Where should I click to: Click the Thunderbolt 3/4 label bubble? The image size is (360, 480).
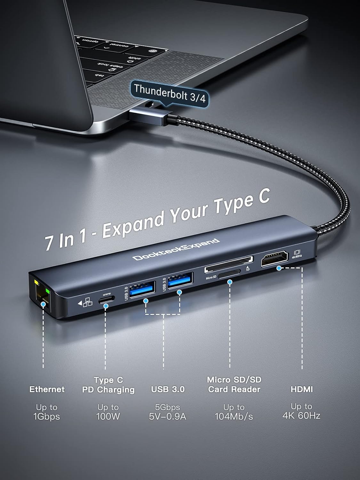click(169, 93)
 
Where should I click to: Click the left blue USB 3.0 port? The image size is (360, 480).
click(143, 287)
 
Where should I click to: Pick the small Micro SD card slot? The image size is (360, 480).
click(229, 274)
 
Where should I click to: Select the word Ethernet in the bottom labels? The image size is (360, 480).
click(47, 389)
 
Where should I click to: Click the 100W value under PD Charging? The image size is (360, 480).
click(108, 416)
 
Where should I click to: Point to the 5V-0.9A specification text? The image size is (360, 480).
click(167, 416)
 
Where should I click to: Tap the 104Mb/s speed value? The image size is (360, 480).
click(234, 416)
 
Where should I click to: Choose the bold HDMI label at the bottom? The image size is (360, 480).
click(301, 389)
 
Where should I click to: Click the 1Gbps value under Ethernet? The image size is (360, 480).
click(47, 416)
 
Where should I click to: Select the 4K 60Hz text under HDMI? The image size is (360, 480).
click(301, 415)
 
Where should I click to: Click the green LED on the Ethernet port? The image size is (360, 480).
click(48, 291)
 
